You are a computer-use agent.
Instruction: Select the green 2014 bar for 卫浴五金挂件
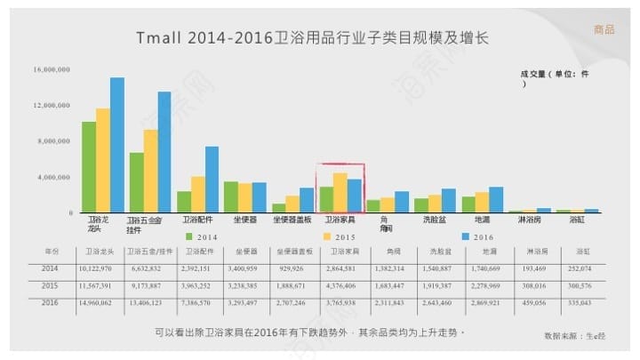tap(136, 182)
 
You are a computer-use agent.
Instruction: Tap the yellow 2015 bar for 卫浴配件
tap(197, 194)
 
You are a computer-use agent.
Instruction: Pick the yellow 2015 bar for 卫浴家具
tap(340, 192)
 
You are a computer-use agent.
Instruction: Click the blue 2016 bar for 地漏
tap(496, 199)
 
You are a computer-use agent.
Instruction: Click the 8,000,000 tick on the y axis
tap(52, 141)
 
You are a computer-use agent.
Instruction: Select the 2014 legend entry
tap(202, 236)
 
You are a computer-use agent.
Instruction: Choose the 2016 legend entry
tap(477, 236)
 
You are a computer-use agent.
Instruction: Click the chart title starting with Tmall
tap(313, 38)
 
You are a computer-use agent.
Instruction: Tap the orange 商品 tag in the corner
tap(604, 30)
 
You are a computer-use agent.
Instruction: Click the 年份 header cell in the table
tap(52, 252)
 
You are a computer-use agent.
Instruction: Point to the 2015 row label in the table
tap(52, 285)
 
